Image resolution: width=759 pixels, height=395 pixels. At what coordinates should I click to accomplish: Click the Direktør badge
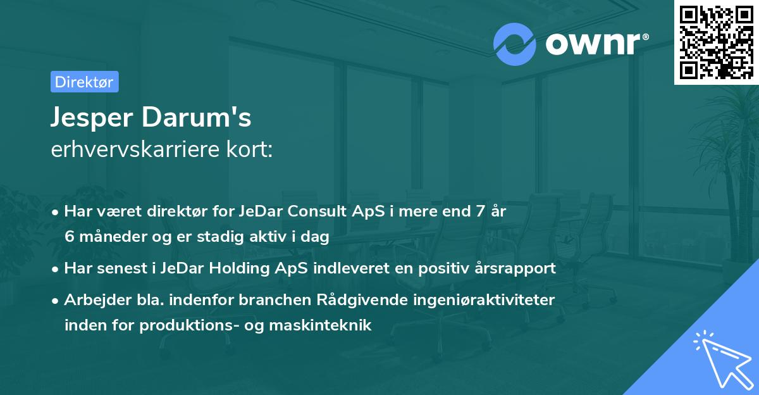click(x=84, y=82)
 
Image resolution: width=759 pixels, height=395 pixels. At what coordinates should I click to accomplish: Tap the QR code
click(x=716, y=42)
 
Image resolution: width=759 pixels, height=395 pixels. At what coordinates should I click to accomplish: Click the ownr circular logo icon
click(x=515, y=44)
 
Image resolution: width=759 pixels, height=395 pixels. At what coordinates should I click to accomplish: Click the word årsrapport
click(x=515, y=268)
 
